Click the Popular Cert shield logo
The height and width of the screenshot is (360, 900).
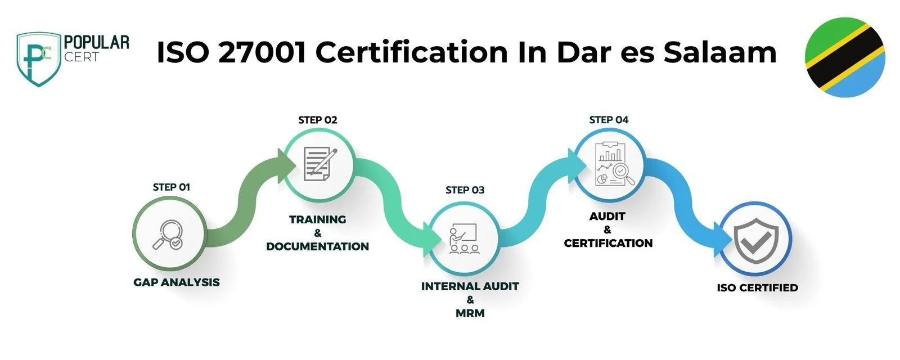39,60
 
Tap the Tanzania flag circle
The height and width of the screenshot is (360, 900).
844,57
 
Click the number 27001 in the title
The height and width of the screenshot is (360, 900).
262,52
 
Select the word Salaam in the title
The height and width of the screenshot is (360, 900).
719,52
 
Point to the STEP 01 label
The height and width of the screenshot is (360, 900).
171,187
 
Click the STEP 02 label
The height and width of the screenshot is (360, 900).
317,120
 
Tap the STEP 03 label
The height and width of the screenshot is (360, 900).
465,190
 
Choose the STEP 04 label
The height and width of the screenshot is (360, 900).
609,120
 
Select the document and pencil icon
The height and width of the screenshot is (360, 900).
320,164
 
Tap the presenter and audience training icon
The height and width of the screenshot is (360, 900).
463,238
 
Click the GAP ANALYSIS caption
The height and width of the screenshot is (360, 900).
177,282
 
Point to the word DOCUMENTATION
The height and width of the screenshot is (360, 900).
317,246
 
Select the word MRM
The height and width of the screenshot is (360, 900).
470,313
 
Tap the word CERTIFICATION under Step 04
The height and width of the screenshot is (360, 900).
608,243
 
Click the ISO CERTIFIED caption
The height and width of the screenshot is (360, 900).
757,287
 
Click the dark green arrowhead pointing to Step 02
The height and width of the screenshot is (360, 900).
286,165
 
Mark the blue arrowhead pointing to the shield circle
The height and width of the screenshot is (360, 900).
722,240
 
